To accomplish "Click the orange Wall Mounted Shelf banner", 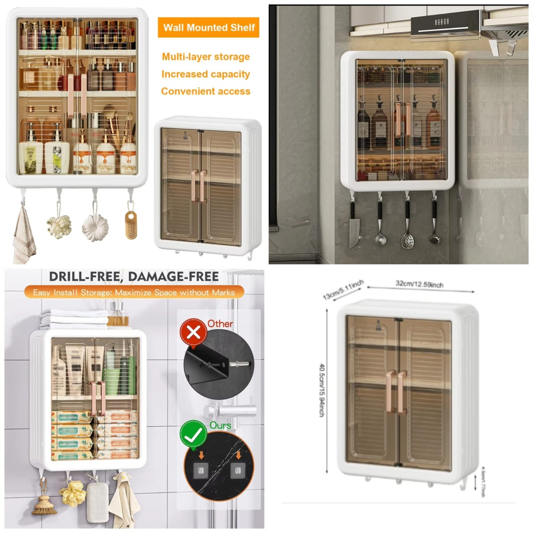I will tap(208, 27).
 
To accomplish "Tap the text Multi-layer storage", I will tap(206, 57).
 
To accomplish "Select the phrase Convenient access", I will tap(206, 91).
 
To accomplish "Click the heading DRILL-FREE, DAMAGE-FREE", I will tap(134, 277).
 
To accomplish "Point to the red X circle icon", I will tap(193, 332).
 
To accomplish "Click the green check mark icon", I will tap(193, 436).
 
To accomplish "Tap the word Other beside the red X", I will tap(220, 324).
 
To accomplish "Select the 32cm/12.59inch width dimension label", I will tap(419, 284).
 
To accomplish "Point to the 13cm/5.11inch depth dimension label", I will tap(343, 290).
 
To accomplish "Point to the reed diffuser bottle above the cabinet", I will tap(119, 316).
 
